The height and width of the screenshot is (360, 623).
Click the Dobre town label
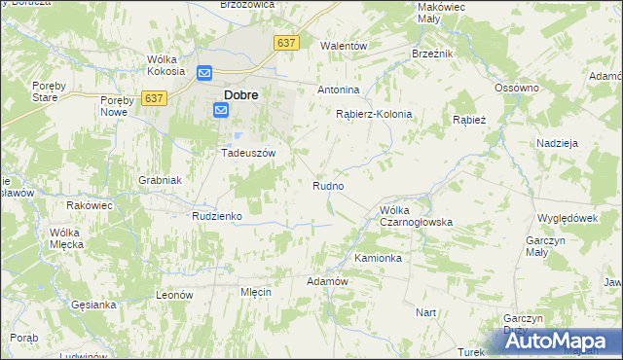[x=240, y=95]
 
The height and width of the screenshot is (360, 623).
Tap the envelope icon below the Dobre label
[x=221, y=111]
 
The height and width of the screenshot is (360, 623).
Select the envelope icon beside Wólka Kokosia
[x=204, y=73]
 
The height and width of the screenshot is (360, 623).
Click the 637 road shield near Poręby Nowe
[x=154, y=98]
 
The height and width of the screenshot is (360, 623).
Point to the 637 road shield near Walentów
[x=286, y=44]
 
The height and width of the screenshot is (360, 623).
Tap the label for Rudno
[x=327, y=185]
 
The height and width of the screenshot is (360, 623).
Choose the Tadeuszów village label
[x=249, y=154]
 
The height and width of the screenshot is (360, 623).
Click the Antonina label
[x=339, y=90]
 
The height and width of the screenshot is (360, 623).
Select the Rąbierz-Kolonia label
[x=374, y=114]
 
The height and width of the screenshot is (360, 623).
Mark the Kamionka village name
[x=378, y=259]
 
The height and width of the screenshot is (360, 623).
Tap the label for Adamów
[x=327, y=281]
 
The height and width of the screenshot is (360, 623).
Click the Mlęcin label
[x=255, y=292]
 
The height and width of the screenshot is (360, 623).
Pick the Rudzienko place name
[x=216, y=216]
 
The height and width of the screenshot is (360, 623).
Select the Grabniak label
[x=160, y=180]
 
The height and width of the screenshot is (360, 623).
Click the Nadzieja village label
[x=558, y=143]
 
